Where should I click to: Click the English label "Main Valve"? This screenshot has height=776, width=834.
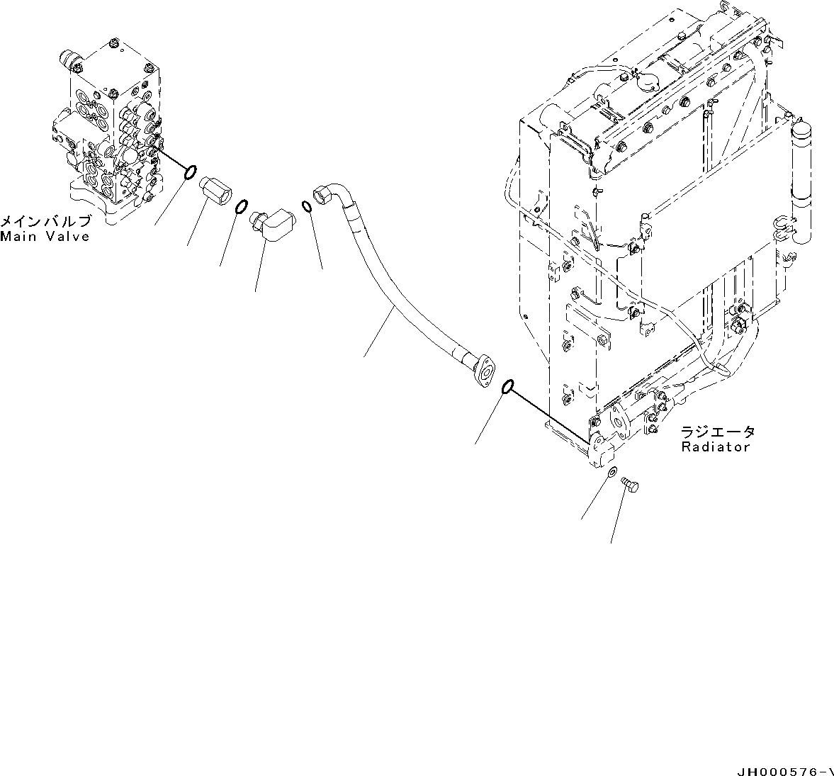(45, 237)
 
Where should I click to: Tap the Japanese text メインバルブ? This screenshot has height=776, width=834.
(45, 222)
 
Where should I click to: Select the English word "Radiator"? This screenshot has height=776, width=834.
(715, 447)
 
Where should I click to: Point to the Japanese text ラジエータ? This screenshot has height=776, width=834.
(717, 432)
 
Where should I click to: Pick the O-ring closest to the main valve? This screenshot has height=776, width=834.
(190, 172)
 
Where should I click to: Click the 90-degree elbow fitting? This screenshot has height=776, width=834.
(274, 221)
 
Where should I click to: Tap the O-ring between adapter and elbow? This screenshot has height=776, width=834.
(241, 207)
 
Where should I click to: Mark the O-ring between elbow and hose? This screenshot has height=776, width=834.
(307, 206)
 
